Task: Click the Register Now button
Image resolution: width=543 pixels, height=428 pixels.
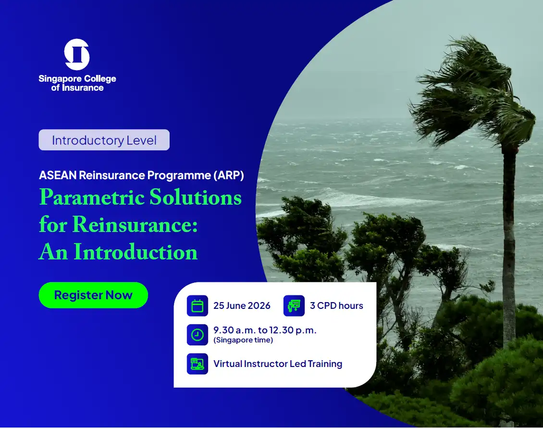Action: click(x=93, y=295)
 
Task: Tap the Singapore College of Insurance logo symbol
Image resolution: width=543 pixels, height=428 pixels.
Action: click(x=77, y=55)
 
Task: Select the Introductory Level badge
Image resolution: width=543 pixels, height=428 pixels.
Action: click(x=104, y=140)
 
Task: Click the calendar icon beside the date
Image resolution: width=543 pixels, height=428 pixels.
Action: click(x=197, y=306)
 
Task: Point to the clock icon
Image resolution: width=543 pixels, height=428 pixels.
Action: click(x=197, y=335)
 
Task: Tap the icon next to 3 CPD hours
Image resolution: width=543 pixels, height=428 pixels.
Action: click(x=294, y=306)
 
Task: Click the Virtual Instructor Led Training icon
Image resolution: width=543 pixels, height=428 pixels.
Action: click(x=197, y=364)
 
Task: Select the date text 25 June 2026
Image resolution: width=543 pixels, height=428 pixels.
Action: click(x=242, y=306)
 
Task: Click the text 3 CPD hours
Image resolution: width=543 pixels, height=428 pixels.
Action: click(x=336, y=306)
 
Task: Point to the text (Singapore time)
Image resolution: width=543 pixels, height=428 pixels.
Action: click(x=243, y=340)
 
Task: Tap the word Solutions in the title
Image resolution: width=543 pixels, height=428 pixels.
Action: click(x=196, y=197)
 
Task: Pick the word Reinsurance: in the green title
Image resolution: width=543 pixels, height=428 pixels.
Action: click(x=135, y=224)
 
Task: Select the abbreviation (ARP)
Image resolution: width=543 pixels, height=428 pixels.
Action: click(x=229, y=175)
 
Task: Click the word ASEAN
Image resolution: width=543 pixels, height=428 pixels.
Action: click(x=58, y=175)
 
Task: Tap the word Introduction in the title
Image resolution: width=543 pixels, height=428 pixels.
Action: click(x=136, y=252)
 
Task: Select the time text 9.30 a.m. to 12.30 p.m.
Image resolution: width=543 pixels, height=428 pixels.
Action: click(x=265, y=330)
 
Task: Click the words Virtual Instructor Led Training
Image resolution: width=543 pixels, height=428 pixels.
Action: click(x=278, y=364)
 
